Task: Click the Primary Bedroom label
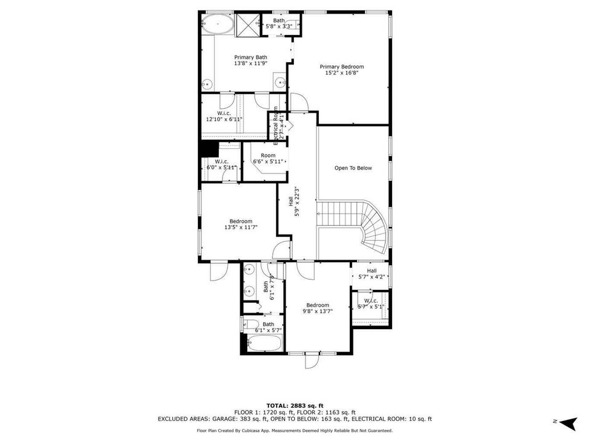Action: point(342,66)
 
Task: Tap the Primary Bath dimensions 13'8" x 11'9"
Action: point(250,63)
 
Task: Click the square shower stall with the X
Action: point(248,25)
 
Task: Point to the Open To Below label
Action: point(353,167)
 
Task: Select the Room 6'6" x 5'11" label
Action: point(267,158)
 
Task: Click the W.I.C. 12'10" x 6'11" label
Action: point(224,116)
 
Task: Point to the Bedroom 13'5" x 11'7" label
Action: point(240,225)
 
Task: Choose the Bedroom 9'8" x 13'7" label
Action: point(318,308)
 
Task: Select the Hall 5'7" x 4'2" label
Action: point(372,274)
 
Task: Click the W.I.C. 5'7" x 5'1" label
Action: point(371,303)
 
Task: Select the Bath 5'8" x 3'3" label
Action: point(279,23)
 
